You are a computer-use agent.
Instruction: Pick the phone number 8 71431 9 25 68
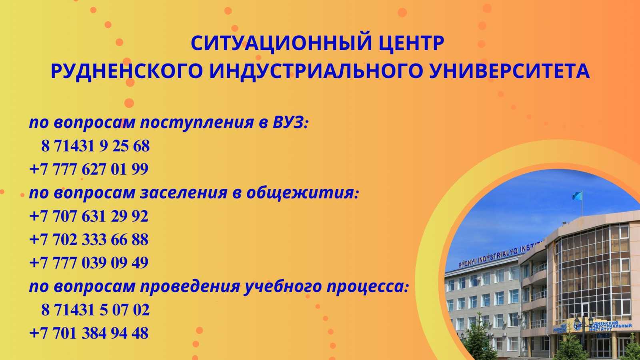coord(95,146)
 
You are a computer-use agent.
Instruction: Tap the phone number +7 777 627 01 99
coord(89,169)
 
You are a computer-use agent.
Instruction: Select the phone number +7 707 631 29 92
coord(89,216)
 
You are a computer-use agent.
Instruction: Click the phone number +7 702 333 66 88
coord(89,240)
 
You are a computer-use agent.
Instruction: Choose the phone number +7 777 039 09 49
coord(89,263)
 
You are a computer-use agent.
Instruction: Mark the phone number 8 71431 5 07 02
coord(95,310)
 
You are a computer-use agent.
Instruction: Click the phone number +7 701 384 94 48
coord(89,333)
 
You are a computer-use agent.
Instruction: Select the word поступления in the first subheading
coord(196,122)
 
